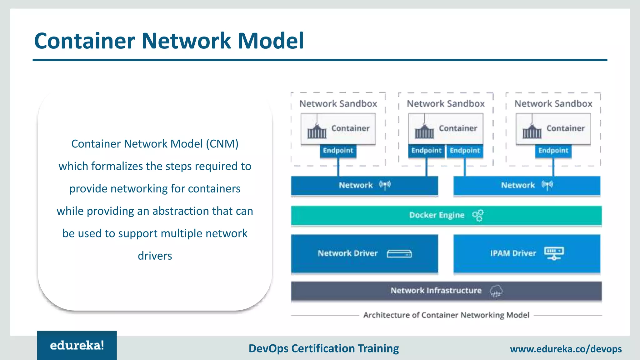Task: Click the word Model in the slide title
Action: point(271,41)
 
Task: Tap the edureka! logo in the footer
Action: point(77,345)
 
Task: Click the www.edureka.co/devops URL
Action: point(566,349)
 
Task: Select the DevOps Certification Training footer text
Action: point(323,348)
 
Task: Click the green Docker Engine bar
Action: point(375,215)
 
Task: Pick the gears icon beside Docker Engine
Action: point(478,215)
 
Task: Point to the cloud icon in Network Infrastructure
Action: point(496,291)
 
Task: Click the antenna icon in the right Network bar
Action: point(547,185)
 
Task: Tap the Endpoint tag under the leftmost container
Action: point(338,151)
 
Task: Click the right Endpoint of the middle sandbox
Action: point(465,151)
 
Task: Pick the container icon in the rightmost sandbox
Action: point(532,131)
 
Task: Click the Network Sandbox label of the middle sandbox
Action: point(446,104)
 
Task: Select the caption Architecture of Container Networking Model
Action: point(446,315)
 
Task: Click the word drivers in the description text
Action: point(155,256)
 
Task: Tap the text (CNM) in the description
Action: point(222,144)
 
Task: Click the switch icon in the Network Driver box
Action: point(399,253)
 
